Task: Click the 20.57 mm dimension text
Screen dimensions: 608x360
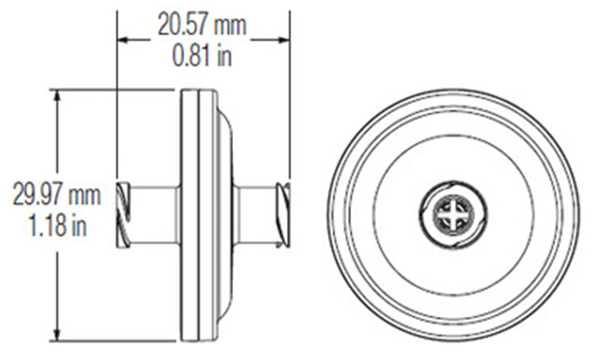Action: pyautogui.click(x=202, y=24)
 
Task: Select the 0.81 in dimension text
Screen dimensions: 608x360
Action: pyautogui.click(x=202, y=55)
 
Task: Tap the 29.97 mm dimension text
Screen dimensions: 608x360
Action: pyautogui.click(x=57, y=194)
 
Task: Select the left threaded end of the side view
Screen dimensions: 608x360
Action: pyautogui.click(x=123, y=215)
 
